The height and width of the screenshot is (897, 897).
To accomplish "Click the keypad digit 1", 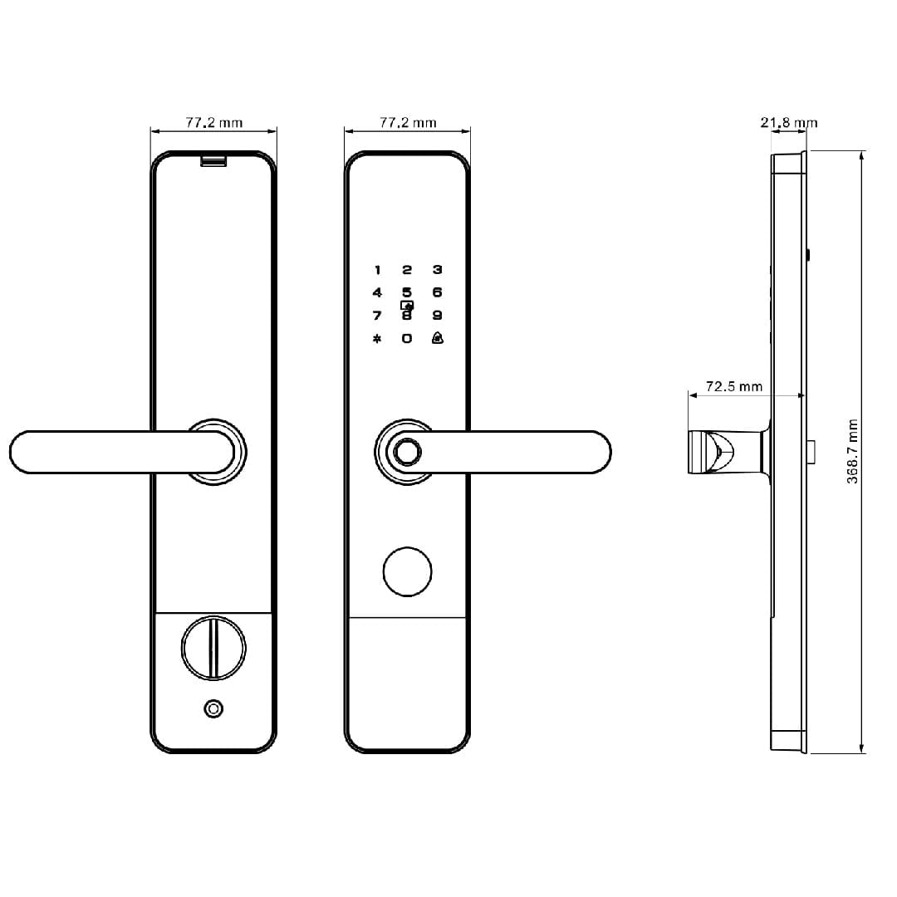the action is [378, 270].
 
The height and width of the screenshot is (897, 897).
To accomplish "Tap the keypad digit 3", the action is [438, 269].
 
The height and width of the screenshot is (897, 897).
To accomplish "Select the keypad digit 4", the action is [377, 292].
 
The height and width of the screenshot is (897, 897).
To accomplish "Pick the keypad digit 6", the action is [438, 292].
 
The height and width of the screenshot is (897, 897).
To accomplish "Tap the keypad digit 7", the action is [377, 316].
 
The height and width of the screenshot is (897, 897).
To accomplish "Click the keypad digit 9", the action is [438, 316].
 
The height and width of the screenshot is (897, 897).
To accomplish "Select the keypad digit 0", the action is [407, 338].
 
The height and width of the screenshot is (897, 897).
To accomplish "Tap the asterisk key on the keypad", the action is [377, 339].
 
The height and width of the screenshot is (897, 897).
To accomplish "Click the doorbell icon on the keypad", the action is [438, 337].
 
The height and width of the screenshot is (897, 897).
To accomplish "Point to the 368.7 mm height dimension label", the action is [852, 451].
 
